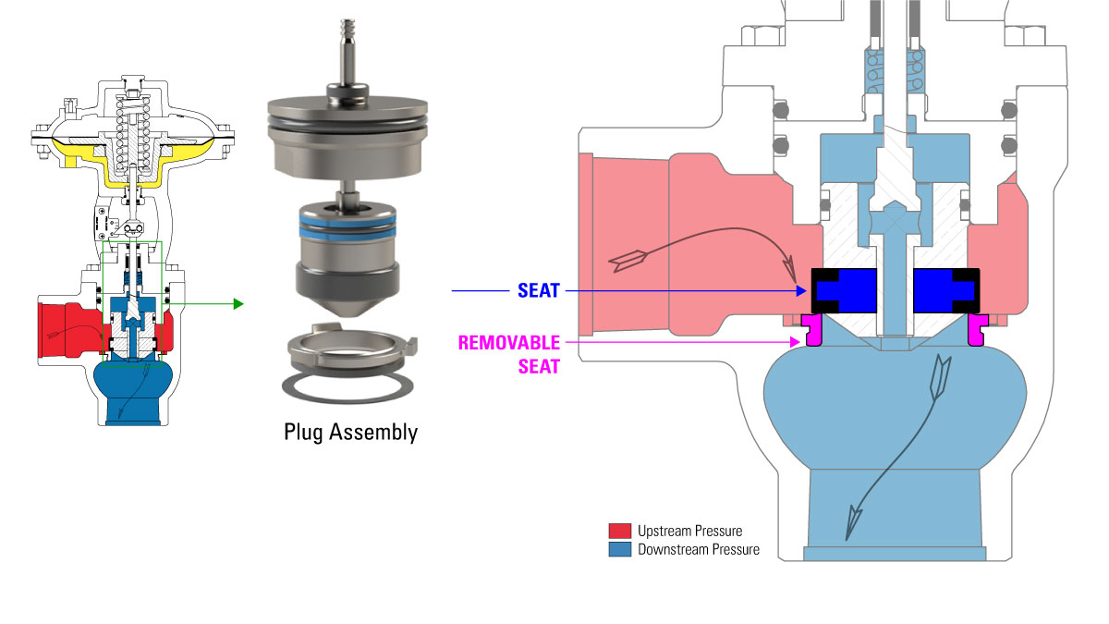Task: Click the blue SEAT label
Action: pyautogui.click(x=539, y=291)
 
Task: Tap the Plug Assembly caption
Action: pyautogui.click(x=350, y=432)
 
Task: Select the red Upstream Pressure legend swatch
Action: pyautogui.click(x=619, y=531)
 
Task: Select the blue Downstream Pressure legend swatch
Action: pyautogui.click(x=619, y=549)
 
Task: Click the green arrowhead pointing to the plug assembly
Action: pyautogui.click(x=238, y=303)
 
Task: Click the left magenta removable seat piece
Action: pyautogui.click(x=813, y=330)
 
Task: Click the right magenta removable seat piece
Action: pyautogui.click(x=978, y=330)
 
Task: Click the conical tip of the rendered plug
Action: pyautogui.click(x=349, y=311)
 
